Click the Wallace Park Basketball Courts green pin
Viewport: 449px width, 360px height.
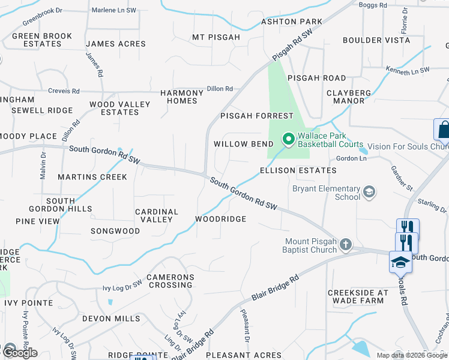(288, 140)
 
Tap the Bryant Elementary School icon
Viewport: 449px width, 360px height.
(370, 193)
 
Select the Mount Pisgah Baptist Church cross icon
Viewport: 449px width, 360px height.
(345, 244)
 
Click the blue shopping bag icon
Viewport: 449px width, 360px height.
(442, 129)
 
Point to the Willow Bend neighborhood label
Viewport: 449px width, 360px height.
(244, 144)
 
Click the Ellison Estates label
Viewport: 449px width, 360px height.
(298, 170)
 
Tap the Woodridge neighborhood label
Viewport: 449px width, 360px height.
(220, 219)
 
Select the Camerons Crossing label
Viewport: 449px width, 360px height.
(170, 281)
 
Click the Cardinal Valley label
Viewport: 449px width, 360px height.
(157, 215)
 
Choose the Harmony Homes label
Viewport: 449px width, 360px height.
(182, 97)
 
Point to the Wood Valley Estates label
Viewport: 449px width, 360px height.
(119, 108)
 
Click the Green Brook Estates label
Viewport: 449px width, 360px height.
(42, 40)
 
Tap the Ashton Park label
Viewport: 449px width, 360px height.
(291, 22)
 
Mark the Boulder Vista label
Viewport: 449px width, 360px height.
(376, 40)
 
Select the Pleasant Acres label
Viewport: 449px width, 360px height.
(243, 355)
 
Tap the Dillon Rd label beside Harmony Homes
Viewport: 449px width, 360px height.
(220, 89)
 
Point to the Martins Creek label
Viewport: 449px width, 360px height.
(92, 177)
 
